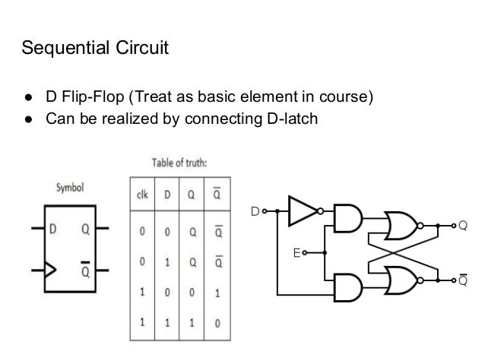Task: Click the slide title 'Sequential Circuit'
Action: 95,50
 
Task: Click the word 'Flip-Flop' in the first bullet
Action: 97,99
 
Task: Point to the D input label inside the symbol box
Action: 54,228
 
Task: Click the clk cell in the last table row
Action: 142,322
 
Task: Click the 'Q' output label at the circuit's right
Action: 462,225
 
